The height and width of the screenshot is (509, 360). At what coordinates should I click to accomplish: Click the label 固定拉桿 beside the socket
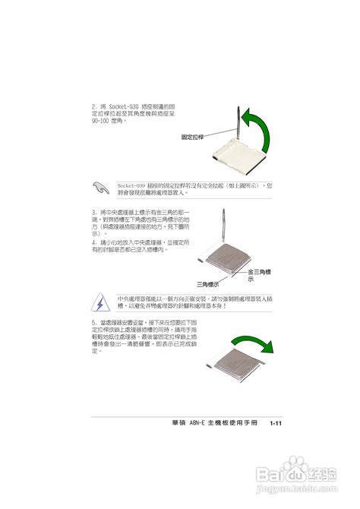click(193, 137)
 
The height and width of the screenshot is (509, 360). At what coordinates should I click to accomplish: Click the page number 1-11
click(275, 423)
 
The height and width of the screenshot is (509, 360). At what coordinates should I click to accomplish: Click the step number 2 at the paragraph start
click(93, 106)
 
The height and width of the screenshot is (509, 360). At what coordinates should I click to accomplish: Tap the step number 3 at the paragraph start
click(93, 212)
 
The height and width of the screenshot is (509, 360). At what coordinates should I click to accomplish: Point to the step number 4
click(93, 242)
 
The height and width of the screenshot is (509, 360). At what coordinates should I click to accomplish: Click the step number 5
click(93, 323)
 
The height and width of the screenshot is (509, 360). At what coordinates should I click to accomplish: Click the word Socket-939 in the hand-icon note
click(131, 184)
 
